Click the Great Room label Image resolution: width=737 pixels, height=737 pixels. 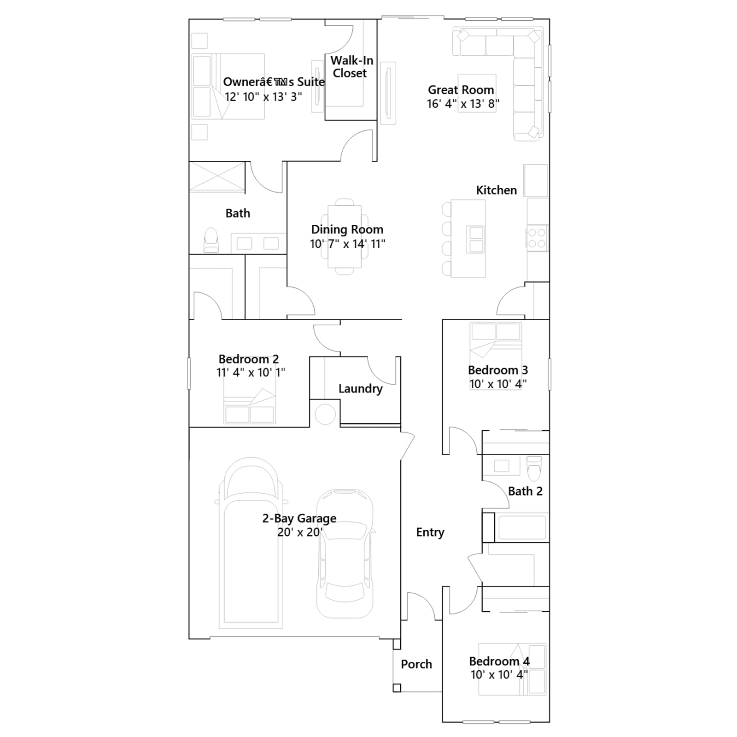tap(461, 90)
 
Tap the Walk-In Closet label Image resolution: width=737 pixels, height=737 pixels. tap(351, 67)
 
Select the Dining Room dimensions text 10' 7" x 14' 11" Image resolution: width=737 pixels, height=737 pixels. tap(347, 244)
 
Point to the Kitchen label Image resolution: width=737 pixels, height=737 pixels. tap(496, 190)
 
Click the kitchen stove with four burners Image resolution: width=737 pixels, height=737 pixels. tap(537, 238)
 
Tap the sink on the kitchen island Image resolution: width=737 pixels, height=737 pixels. tap(475, 240)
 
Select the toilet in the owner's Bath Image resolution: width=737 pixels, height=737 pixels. tap(211, 240)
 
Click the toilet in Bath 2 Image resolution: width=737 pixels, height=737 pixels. tap(534, 468)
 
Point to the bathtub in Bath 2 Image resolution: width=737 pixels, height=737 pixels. tap(522, 527)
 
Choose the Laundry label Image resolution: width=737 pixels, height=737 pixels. tap(360, 389)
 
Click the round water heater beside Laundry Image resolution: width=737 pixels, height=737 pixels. tap(325, 414)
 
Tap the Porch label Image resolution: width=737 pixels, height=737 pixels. tap(416, 664)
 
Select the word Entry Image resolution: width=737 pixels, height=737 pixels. tap(430, 532)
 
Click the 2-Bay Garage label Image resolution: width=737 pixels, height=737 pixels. tap(299, 519)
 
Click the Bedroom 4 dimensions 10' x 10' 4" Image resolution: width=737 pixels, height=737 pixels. tap(499, 675)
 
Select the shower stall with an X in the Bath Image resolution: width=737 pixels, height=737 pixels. tap(217, 177)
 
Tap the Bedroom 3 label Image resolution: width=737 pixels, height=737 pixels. tap(498, 370)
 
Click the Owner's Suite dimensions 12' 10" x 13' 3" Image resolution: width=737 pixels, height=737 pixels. tap(263, 97)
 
